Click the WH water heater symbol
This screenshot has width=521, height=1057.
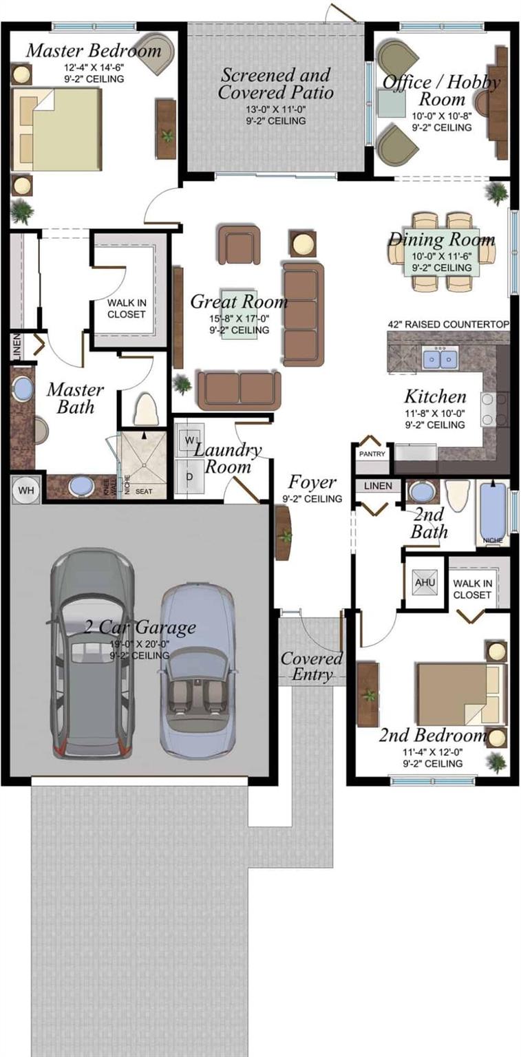coord(26,489)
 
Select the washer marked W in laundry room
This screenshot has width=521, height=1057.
coord(190,438)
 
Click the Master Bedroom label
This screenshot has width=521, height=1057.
coord(94,51)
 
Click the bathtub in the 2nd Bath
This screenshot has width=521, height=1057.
coord(493,513)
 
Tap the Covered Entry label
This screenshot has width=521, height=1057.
coord(311,666)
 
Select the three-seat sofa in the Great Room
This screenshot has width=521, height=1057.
coord(302,313)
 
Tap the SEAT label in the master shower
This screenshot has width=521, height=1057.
coord(144,491)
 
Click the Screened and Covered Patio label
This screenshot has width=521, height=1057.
coord(275,83)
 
